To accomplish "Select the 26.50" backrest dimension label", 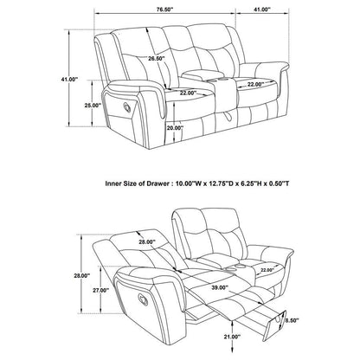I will coord(157,59).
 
